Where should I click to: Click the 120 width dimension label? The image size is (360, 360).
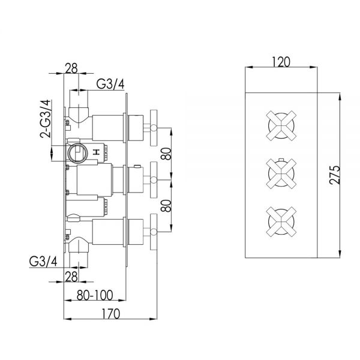(x=281, y=62)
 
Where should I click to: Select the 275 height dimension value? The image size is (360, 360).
(x=335, y=175)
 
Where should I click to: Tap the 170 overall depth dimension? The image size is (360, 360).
(x=111, y=314)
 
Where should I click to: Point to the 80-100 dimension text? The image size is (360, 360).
(x=95, y=295)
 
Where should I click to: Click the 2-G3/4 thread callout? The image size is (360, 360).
(x=46, y=119)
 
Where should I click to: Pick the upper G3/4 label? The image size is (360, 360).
(x=110, y=84)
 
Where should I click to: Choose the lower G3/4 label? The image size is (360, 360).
(x=43, y=261)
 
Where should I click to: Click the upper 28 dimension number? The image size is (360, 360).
(x=71, y=68)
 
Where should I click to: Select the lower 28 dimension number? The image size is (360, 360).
(x=71, y=277)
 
